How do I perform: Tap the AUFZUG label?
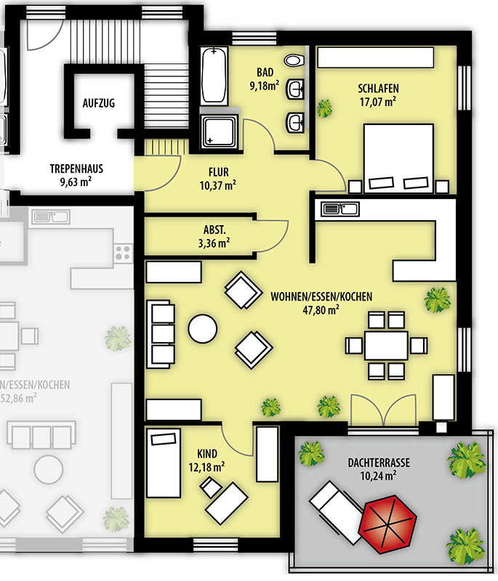click(99, 102)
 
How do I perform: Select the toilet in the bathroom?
click(294, 60)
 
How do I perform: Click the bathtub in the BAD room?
click(214, 76)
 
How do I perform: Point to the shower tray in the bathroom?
click(219, 131)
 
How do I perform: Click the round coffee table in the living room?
click(202, 328)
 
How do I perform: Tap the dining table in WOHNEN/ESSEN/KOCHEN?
click(386, 346)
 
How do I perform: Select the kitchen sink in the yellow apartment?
click(340, 208)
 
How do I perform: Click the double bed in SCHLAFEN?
click(398, 158)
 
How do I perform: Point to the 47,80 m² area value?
click(321, 310)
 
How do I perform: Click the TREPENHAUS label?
click(77, 169)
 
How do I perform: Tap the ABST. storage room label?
click(214, 229)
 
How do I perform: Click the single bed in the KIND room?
click(164, 463)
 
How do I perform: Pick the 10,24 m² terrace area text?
click(378, 476)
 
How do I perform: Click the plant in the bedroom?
click(324, 108)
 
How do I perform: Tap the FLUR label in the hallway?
click(218, 172)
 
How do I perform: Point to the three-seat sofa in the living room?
click(161, 334)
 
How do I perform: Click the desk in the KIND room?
click(227, 503)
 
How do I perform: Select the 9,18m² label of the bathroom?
click(265, 86)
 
